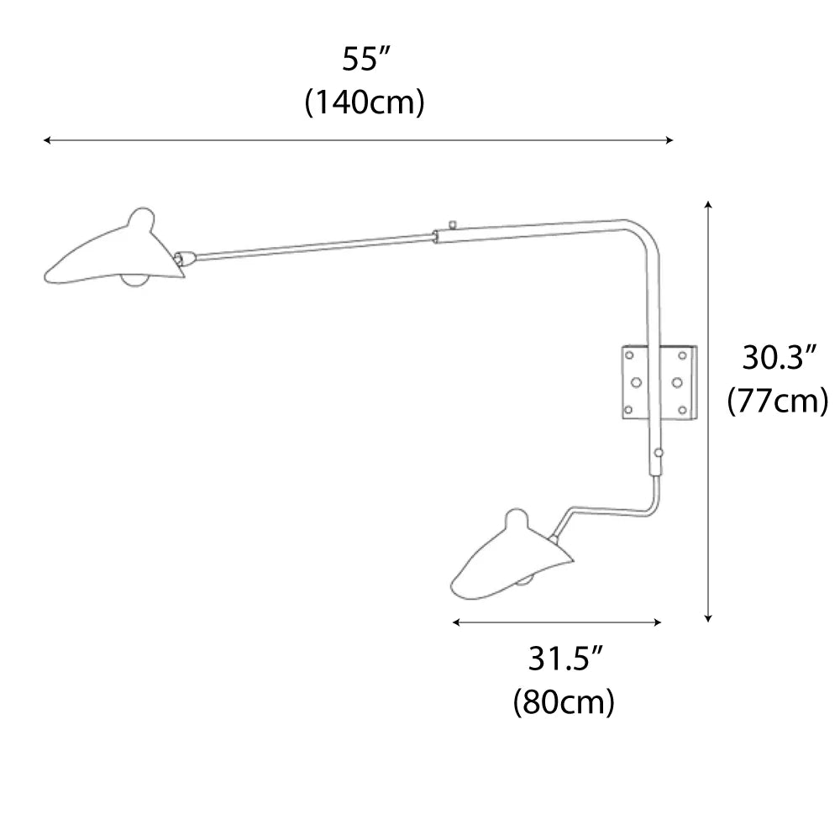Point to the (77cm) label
(x=778, y=401)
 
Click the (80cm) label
(x=563, y=701)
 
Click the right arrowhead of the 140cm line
(x=669, y=141)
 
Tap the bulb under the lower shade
(x=526, y=580)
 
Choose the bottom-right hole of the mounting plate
(x=682, y=410)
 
